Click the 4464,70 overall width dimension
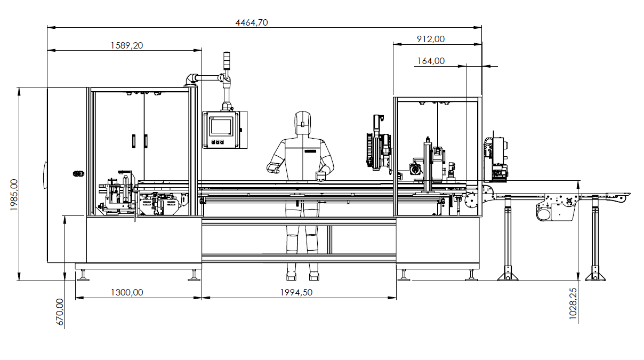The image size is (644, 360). pos(252,22)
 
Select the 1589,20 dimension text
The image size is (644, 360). pos(127,45)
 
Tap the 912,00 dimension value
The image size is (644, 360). pos(431,39)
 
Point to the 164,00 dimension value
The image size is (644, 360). pos(431,61)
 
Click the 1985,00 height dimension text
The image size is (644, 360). pos(14,195)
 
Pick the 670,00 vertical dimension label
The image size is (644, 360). pos(60,312)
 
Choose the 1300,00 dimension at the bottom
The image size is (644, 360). pos(127,292)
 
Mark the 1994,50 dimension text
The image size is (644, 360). pos(296,292)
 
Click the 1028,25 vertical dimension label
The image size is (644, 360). pos(573,303)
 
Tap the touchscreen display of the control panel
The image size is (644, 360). pos(221,126)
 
